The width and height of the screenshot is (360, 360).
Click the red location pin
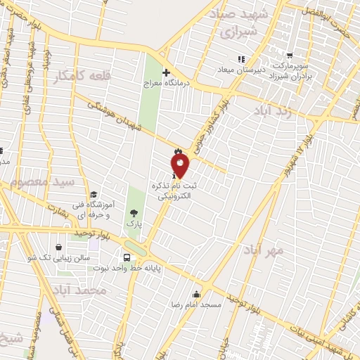coord(181,165)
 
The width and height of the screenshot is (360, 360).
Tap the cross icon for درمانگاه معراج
coord(166,72)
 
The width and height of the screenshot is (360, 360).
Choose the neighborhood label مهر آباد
coord(264,250)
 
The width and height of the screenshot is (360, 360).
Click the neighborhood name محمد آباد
coord(79,290)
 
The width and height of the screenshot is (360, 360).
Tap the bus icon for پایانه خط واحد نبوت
coord(127,257)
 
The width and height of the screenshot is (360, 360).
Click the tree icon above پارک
coord(134,212)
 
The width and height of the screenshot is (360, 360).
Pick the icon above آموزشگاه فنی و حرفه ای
coord(94,195)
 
